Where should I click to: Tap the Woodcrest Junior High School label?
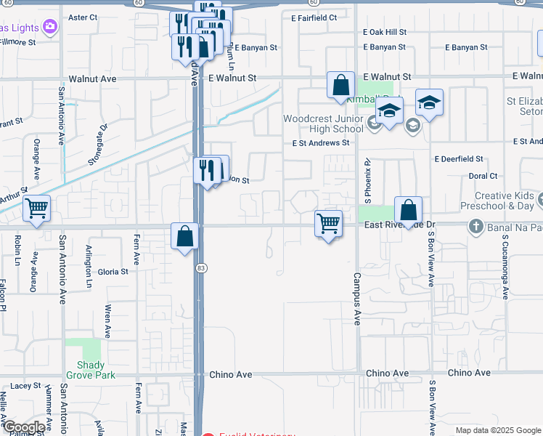(x=322, y=124)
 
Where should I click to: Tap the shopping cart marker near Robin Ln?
(x=36, y=209)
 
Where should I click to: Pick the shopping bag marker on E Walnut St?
(x=340, y=85)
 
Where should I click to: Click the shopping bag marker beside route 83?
(x=185, y=236)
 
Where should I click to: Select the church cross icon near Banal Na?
(x=476, y=225)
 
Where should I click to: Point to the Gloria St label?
(x=113, y=272)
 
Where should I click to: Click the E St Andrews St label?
(x=321, y=143)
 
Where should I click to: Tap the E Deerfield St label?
(x=459, y=158)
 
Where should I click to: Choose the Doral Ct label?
(x=483, y=176)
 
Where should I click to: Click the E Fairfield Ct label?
(x=314, y=17)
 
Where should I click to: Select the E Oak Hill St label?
(x=385, y=32)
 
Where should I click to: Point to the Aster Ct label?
(x=82, y=17)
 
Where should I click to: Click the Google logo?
(x=24, y=427)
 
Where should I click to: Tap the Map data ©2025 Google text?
(x=497, y=430)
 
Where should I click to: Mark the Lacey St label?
(x=25, y=386)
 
